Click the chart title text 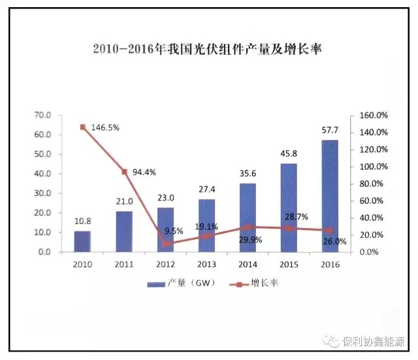click(208, 50)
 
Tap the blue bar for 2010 click(82, 241)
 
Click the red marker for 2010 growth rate click(83, 127)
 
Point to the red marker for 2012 click(165, 244)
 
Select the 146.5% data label click(104, 128)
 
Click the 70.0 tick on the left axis click(43, 115)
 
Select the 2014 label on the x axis click(248, 264)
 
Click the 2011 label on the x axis click(124, 264)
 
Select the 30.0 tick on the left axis click(43, 193)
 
